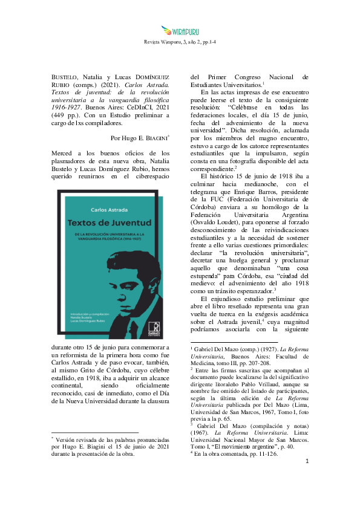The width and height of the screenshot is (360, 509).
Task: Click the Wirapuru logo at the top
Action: (180, 30)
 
